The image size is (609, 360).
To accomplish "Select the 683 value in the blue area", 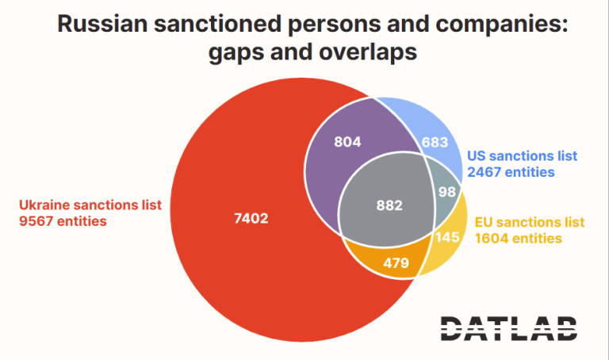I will (435, 142).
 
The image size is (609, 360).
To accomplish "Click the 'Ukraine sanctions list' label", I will (90, 204).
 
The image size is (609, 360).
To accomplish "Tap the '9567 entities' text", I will (63, 221).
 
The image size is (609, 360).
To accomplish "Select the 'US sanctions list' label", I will (521, 155).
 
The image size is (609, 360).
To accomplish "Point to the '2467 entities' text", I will (511, 171).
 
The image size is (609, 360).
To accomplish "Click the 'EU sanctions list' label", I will (529, 221).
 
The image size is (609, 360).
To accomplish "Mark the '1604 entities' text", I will (518, 237).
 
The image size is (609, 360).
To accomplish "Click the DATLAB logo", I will (509, 327).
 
